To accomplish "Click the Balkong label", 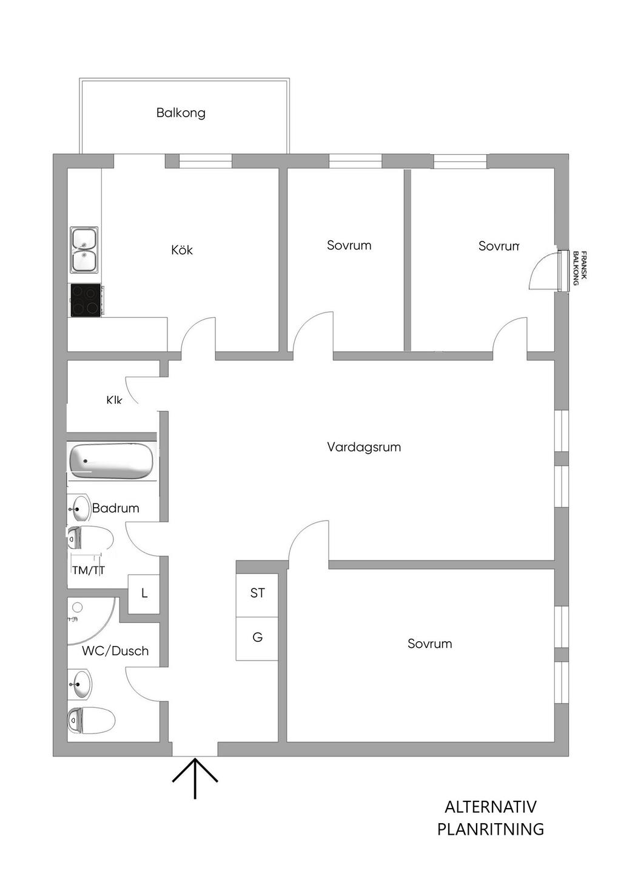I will (181, 113).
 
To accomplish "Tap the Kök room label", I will (182, 250).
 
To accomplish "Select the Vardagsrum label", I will (364, 447).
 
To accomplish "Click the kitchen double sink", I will (84, 249).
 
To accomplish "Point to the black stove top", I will (86, 300).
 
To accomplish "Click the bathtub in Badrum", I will (111, 461).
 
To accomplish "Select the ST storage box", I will (258, 593).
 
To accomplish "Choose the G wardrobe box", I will (258, 638).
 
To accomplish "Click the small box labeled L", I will (144, 593).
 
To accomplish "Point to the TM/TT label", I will (89, 570).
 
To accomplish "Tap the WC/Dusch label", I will (115, 651).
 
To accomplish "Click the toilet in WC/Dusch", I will (91, 721).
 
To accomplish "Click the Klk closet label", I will (114, 400).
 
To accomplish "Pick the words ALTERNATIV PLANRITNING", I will (491, 818).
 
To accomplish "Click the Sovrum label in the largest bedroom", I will (429, 644).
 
